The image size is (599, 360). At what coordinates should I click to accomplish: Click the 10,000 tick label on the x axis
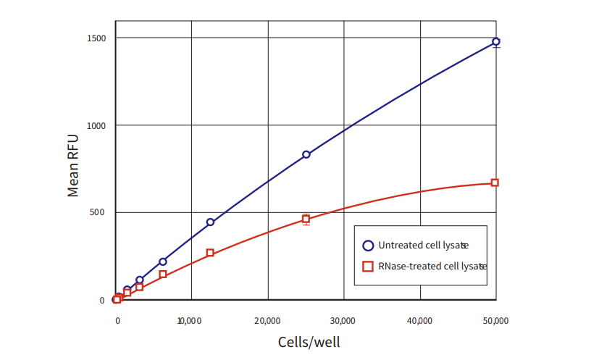click(x=190, y=319)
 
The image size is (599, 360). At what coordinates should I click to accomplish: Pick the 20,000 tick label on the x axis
click(x=267, y=319)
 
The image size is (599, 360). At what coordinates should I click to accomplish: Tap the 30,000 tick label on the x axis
click(x=343, y=319)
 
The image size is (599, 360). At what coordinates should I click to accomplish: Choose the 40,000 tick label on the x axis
click(x=420, y=319)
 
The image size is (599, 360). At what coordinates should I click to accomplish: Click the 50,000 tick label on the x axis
click(x=496, y=319)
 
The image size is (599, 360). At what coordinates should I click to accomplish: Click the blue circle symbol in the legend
click(x=368, y=245)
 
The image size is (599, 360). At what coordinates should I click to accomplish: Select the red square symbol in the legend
click(x=368, y=266)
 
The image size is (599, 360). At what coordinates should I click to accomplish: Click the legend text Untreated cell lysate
click(x=423, y=245)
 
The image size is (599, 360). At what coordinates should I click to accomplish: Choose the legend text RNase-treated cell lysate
click(x=432, y=266)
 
